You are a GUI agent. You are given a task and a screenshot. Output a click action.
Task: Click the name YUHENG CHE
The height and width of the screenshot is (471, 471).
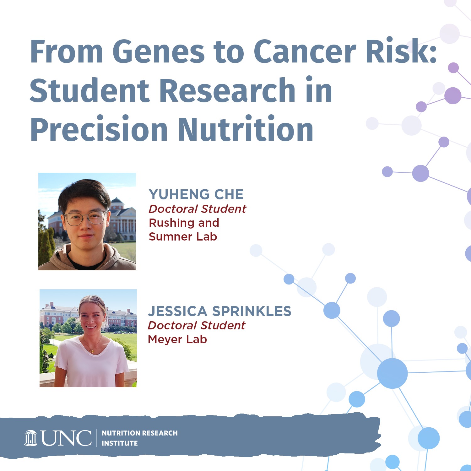(196, 194)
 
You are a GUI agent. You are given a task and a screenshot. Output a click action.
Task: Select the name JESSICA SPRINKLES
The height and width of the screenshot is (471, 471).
(219, 311)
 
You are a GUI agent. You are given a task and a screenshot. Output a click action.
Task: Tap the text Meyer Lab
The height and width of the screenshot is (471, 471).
(177, 339)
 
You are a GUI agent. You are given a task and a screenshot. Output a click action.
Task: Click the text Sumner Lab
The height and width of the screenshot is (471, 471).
(183, 236)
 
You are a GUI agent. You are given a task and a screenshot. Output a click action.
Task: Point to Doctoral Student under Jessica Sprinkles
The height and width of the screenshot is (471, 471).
(197, 325)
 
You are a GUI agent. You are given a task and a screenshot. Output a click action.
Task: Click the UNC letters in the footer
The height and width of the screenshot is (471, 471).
(67, 438)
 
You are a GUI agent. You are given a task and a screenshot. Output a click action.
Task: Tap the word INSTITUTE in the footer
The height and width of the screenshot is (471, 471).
(120, 443)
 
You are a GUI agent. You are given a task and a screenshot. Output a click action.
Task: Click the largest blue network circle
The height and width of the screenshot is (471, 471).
(392, 373)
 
